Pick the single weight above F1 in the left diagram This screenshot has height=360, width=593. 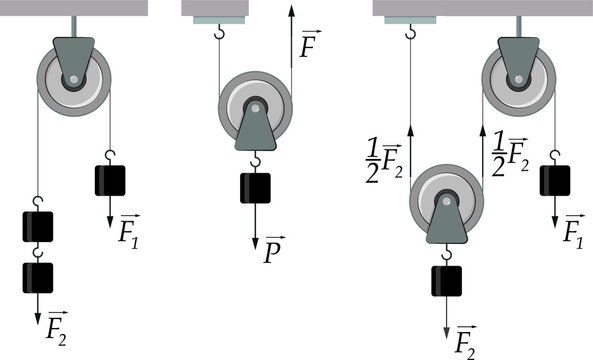[109, 179]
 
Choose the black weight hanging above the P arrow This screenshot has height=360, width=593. [255, 188]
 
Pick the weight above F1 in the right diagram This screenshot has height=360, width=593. [555, 179]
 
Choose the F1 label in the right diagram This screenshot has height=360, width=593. [574, 233]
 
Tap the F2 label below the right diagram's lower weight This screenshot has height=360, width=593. [464, 341]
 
